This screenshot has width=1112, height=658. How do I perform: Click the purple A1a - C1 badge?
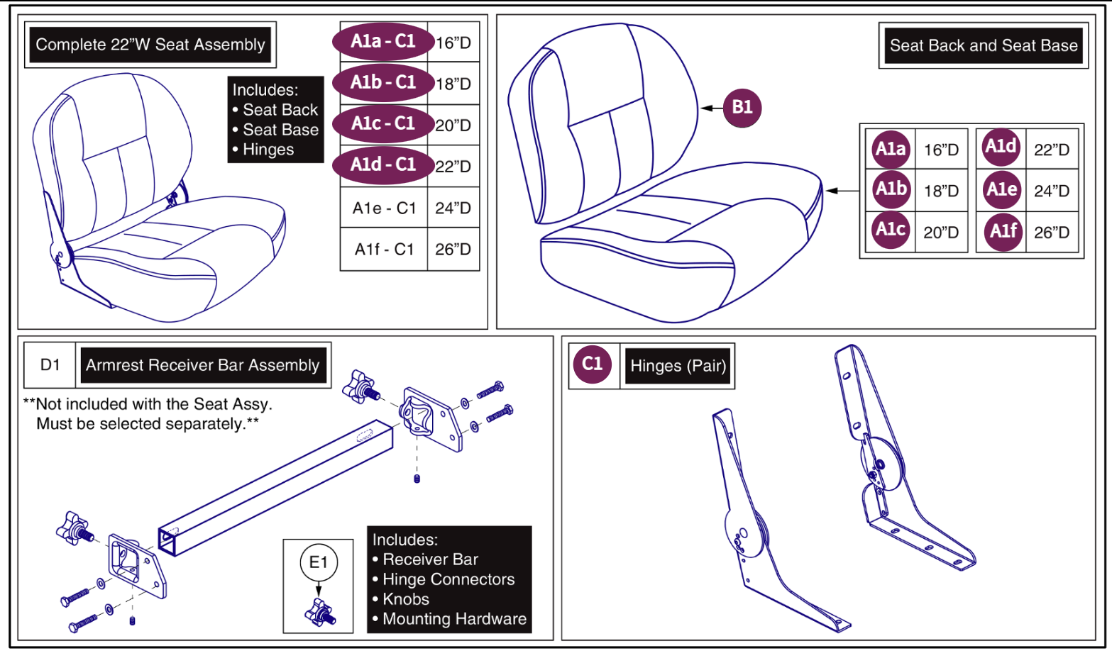point(383,41)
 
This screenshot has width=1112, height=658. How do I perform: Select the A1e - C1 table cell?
point(384,208)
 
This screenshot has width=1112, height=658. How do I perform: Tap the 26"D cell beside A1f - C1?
point(453,249)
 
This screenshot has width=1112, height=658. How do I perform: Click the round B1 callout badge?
point(742,108)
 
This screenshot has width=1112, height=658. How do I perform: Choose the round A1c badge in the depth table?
point(891,230)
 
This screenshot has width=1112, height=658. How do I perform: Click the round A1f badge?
point(1003,231)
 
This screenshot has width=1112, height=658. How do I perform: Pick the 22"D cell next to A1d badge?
point(1052,150)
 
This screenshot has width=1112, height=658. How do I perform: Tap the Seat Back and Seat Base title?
point(983,46)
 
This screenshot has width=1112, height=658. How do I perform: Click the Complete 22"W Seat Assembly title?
point(150,45)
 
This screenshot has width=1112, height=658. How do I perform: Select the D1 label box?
point(50,364)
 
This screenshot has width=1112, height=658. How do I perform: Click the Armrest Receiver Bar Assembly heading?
point(203,365)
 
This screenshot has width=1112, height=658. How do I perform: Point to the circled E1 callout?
point(319,562)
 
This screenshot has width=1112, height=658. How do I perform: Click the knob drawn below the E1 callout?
point(320,613)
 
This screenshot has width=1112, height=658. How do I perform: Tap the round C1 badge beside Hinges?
point(592,364)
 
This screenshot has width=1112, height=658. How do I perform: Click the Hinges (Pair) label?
point(678,366)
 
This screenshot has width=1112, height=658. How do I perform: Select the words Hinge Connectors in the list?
point(448,579)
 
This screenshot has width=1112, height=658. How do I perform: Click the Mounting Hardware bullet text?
point(454,619)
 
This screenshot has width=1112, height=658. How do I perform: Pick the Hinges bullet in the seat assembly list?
point(268,150)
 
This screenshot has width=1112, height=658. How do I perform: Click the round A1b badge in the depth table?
point(891,189)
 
